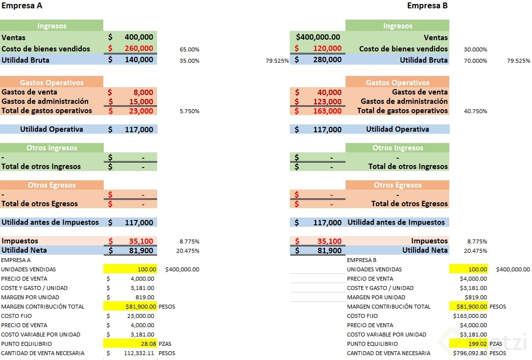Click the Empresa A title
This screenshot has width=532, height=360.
tap(22, 6)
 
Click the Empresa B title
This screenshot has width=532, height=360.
tap(427, 6)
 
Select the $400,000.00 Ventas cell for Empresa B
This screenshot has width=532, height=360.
tap(318, 37)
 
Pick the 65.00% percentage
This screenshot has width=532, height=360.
tap(190, 49)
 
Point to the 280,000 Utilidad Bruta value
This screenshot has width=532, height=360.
tap(327, 60)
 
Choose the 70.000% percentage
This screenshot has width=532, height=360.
tap(475, 61)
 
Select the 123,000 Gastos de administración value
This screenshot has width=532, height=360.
tap(327, 101)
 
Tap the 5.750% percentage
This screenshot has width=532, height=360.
tap(190, 111)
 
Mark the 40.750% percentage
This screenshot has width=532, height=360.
tap(475, 111)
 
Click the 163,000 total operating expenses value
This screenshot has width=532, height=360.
tap(327, 111)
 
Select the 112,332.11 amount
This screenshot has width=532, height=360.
tap(137, 353)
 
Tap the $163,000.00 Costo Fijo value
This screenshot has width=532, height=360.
tap(470, 316)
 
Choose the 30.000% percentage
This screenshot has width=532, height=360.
tap(475, 49)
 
